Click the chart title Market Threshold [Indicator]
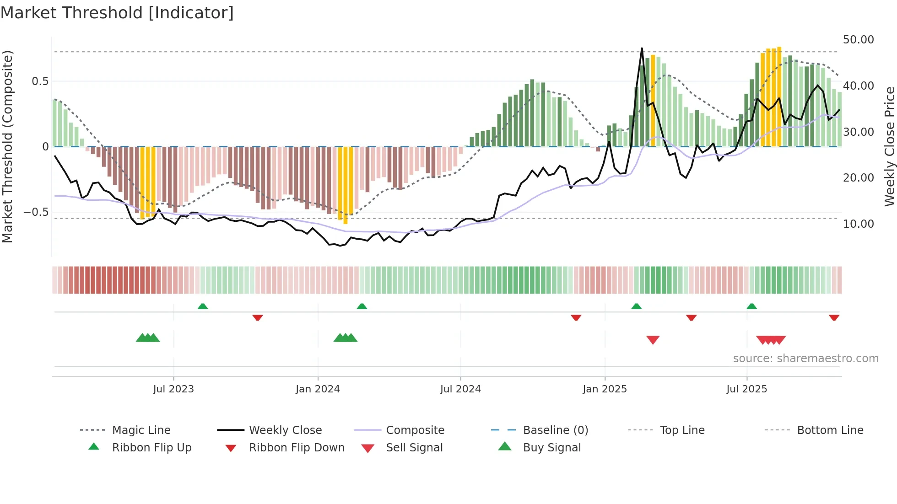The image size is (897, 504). (117, 13)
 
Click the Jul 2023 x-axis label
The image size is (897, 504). (173, 389)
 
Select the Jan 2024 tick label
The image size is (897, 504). (318, 389)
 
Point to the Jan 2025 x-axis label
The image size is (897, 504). (605, 389)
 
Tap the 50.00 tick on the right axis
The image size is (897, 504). (858, 40)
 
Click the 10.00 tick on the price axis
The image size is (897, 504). (858, 224)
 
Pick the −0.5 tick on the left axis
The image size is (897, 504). (36, 212)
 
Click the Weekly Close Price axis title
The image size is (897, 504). (889, 146)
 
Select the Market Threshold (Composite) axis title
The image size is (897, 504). (7, 146)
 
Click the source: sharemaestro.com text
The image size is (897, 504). (805, 359)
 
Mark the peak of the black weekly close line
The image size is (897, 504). (642, 48)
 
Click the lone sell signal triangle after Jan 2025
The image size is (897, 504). (653, 340)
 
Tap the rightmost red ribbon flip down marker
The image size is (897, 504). (834, 317)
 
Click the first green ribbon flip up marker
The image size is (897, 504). (203, 306)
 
